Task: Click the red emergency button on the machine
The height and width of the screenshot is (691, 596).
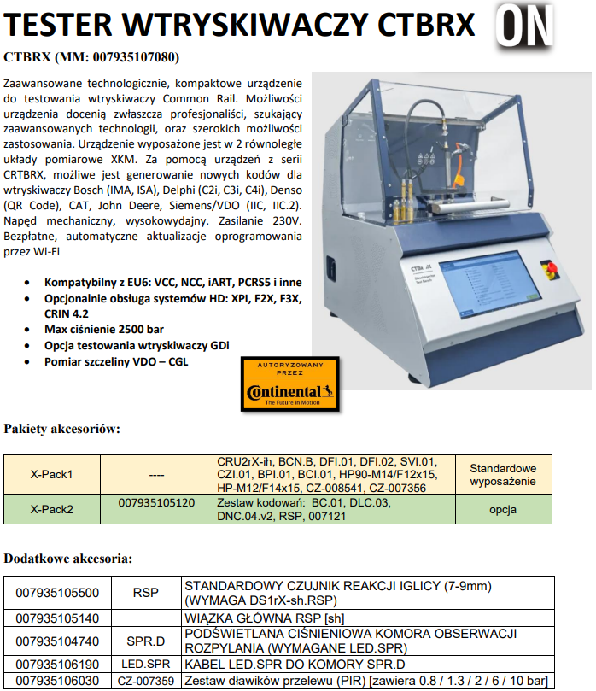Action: pyautogui.click(x=552, y=270)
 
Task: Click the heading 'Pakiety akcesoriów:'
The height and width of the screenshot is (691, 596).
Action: pyautogui.click(x=62, y=428)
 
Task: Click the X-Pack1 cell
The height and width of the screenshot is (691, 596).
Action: pyautogui.click(x=52, y=474)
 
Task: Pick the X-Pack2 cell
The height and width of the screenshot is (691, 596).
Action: pyautogui.click(x=52, y=509)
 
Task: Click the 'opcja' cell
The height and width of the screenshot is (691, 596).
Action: pyautogui.click(x=503, y=509)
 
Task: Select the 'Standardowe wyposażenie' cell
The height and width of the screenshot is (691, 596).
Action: pyautogui.click(x=503, y=474)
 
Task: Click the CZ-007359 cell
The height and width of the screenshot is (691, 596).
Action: pyautogui.click(x=145, y=681)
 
